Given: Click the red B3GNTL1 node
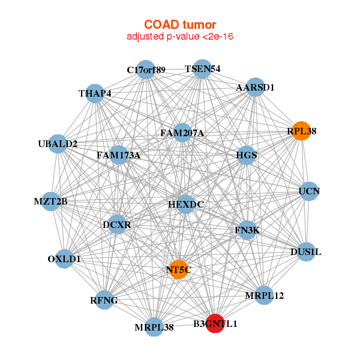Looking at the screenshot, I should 215,323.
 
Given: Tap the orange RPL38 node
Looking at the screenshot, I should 301,131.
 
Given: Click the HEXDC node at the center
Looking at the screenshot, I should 185,205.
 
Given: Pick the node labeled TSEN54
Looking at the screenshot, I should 202,69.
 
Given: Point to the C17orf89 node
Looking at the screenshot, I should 146,70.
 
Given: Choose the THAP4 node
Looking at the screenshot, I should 95,94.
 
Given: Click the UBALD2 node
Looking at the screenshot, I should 58,144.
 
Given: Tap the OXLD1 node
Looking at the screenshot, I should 64,259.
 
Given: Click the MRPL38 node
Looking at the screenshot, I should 154,327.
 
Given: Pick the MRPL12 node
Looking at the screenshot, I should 264,295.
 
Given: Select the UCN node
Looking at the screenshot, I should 309,191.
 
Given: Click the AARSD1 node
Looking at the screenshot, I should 255,87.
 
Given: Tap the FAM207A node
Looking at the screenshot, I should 182,133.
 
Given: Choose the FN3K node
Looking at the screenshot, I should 247,230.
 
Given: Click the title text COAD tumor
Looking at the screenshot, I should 179,25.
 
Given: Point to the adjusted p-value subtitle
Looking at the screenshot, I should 179,37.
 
